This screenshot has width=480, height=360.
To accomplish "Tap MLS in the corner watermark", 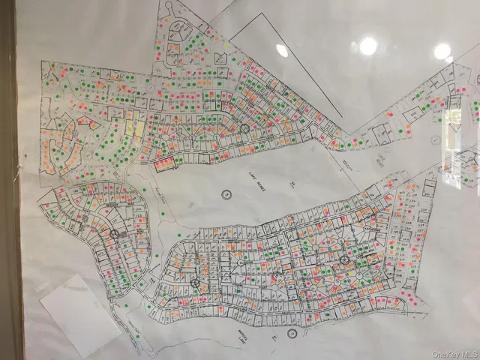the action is tap(468, 354).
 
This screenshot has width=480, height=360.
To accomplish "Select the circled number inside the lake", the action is tap(226, 194).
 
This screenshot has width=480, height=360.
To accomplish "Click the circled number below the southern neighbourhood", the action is tap(292, 334).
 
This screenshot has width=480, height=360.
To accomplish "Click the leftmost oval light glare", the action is tap(282, 50).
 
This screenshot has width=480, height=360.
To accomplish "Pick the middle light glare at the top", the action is tap(367, 46).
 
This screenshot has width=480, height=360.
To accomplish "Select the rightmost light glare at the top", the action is tap(442, 51).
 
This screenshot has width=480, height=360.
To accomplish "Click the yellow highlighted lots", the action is tap(134, 128).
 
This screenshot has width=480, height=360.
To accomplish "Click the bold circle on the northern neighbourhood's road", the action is tap(244, 129).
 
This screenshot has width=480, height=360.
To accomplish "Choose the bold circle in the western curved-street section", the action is tap(115, 234).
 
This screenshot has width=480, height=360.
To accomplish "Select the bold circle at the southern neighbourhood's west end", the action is tap(194, 283).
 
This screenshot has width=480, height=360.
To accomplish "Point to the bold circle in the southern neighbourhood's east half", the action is tap(344, 259).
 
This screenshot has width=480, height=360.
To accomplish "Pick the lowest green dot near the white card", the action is tap(125, 306).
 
